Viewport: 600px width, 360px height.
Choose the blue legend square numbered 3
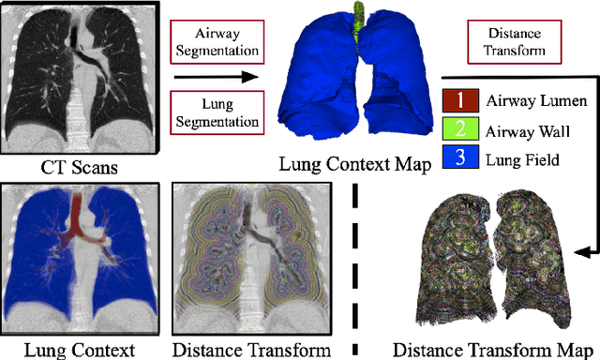(x=459, y=159)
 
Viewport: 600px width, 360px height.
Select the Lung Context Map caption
(x=353, y=166)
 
